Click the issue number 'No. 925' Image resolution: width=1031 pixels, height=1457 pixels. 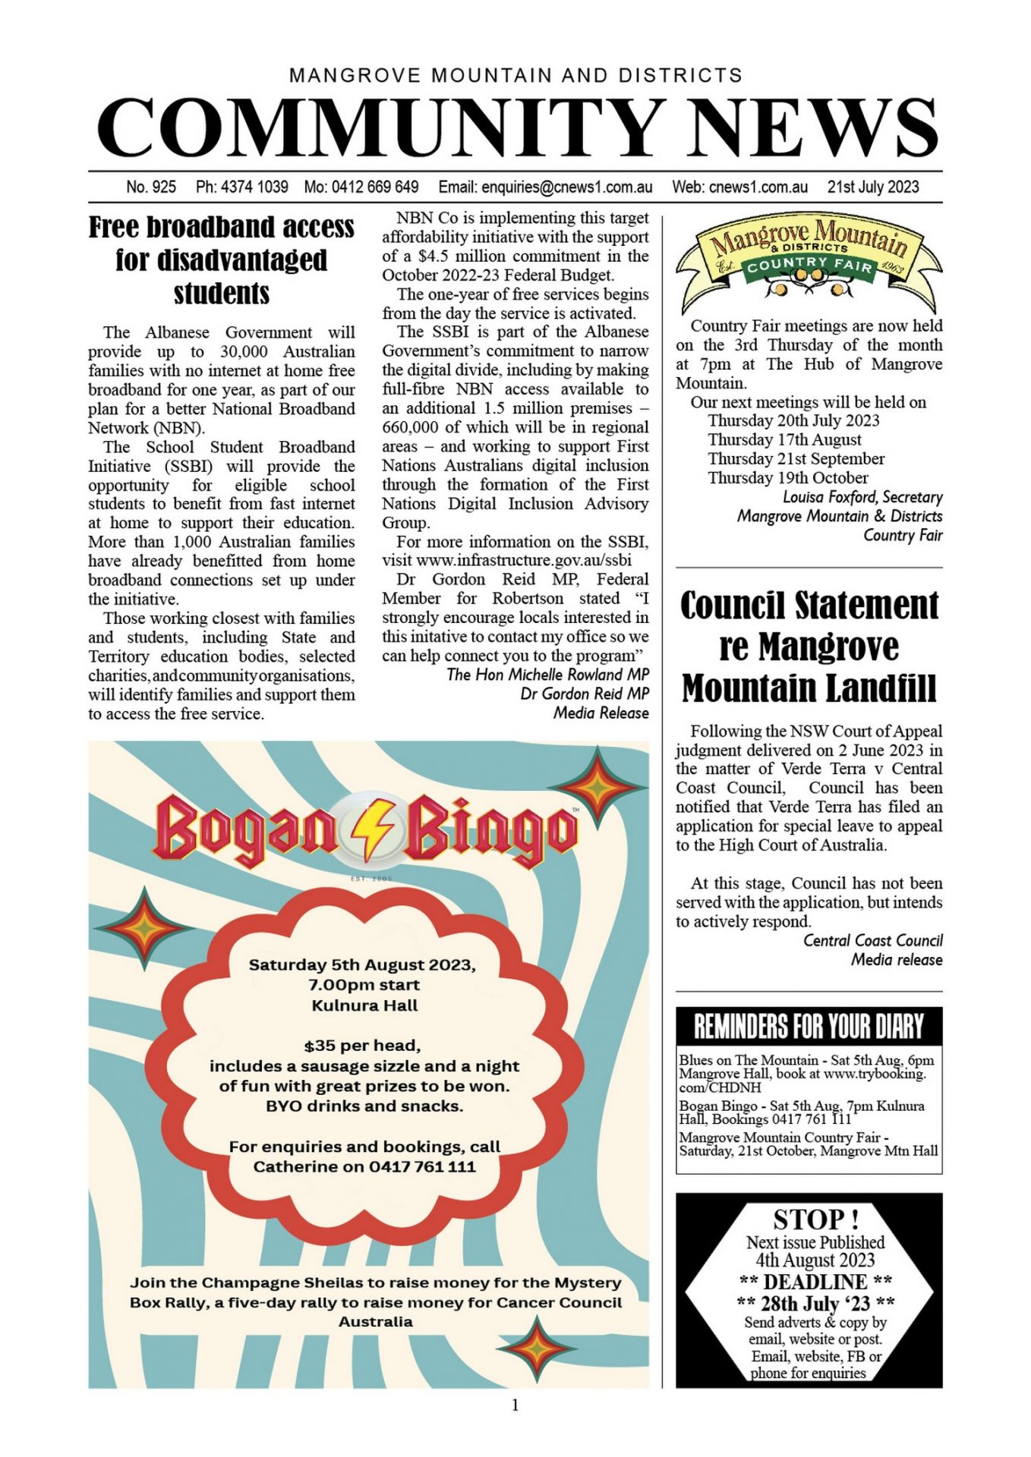(x=151, y=187)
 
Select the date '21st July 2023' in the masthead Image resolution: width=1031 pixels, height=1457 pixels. (x=872, y=187)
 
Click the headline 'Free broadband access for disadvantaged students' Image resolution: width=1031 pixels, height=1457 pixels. (x=221, y=260)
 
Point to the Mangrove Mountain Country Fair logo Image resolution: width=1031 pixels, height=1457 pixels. (x=809, y=260)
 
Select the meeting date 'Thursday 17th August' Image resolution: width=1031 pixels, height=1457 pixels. (x=784, y=440)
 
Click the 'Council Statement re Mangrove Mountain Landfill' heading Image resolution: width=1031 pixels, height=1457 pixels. (x=809, y=647)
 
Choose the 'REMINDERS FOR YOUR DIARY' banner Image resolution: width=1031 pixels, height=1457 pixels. (x=809, y=1027)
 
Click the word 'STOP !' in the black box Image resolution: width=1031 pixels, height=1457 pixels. (x=815, y=1219)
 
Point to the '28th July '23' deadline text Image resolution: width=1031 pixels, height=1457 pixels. (x=815, y=1304)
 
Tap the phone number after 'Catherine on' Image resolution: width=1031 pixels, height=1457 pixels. (x=422, y=1166)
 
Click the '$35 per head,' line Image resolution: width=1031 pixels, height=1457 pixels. (x=362, y=1046)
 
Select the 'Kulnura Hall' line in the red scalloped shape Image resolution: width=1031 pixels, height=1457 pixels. (x=364, y=1005)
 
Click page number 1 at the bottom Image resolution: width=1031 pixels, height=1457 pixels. (x=515, y=1405)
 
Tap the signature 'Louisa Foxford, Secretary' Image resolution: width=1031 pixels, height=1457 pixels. (x=862, y=497)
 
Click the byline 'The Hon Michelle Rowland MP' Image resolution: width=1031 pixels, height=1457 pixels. (x=547, y=675)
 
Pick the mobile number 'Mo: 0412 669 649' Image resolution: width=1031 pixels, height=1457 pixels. (x=361, y=187)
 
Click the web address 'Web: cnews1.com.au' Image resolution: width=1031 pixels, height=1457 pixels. (x=739, y=187)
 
